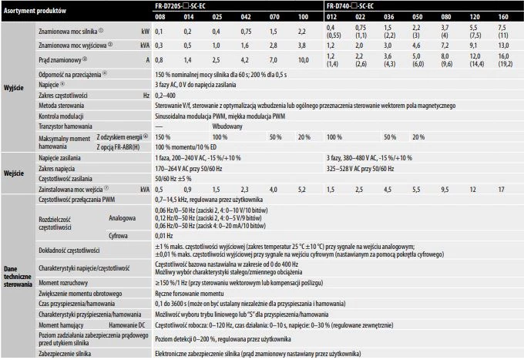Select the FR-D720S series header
190,5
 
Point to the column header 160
502,15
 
